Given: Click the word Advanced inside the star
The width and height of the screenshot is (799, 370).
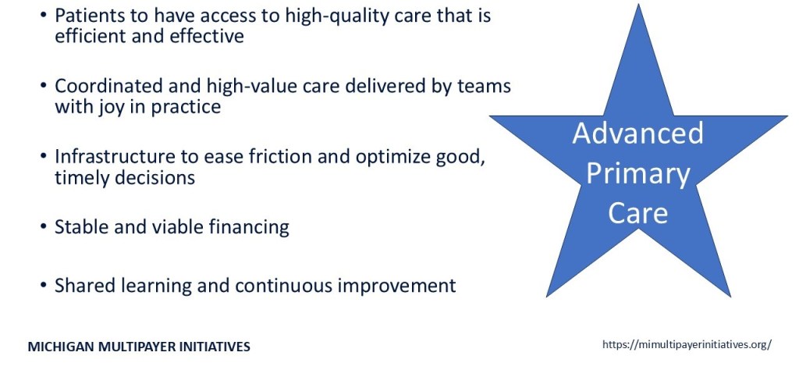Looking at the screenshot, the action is (x=637, y=133).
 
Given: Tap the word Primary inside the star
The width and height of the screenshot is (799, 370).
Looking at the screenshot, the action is (x=638, y=175).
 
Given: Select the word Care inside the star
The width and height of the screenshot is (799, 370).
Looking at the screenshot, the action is (x=638, y=212).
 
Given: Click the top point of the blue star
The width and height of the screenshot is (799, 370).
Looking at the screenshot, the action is (x=638, y=5).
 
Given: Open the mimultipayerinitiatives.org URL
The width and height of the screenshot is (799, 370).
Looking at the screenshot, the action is (x=687, y=344).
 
